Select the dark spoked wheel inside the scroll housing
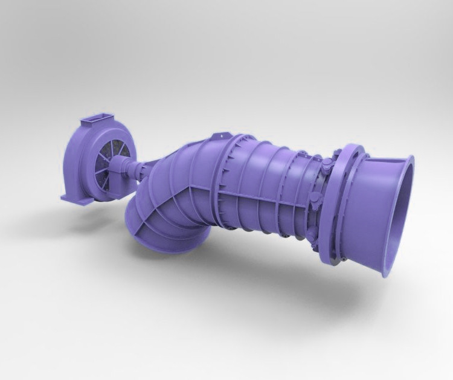[108, 160]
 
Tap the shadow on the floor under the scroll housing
[91, 208]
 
